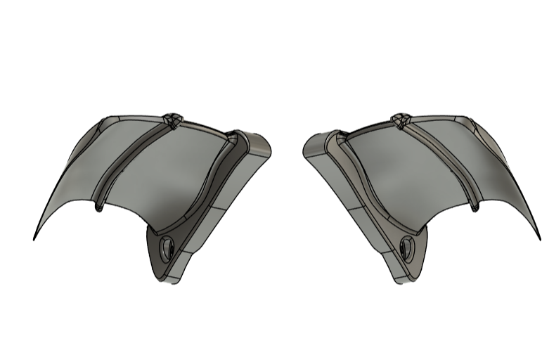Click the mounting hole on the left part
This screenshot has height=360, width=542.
tap(168, 247)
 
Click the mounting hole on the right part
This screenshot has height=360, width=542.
tap(406, 247)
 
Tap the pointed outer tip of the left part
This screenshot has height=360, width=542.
tap(34, 239)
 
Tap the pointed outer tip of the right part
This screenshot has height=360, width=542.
tap(539, 239)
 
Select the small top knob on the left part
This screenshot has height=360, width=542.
tap(172, 119)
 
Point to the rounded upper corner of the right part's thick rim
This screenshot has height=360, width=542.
tap(312, 144)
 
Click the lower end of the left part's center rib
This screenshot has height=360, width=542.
tap(100, 207)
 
